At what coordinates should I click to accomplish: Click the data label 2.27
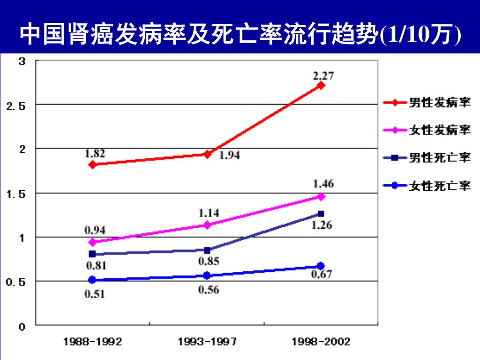[x=323, y=75]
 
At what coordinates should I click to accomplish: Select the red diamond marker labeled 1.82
[x=92, y=165]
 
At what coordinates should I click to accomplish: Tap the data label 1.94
[x=230, y=156]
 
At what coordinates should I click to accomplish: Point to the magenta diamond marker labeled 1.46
[x=321, y=196]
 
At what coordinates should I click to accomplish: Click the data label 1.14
[x=209, y=213]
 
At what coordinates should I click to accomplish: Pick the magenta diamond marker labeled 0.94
[x=92, y=242]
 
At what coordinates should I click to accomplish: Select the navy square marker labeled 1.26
[x=321, y=214]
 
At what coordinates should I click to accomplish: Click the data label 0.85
[x=209, y=261]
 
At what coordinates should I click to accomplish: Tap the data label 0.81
[x=96, y=266]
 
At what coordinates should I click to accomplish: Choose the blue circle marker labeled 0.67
[x=321, y=266]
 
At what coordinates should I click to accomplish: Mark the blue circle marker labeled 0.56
[x=207, y=276]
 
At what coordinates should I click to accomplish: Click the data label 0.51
[x=95, y=294]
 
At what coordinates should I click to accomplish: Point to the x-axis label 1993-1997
[x=207, y=341]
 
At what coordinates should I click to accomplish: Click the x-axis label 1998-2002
[x=321, y=341]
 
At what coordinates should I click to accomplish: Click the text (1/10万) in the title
[x=420, y=34]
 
